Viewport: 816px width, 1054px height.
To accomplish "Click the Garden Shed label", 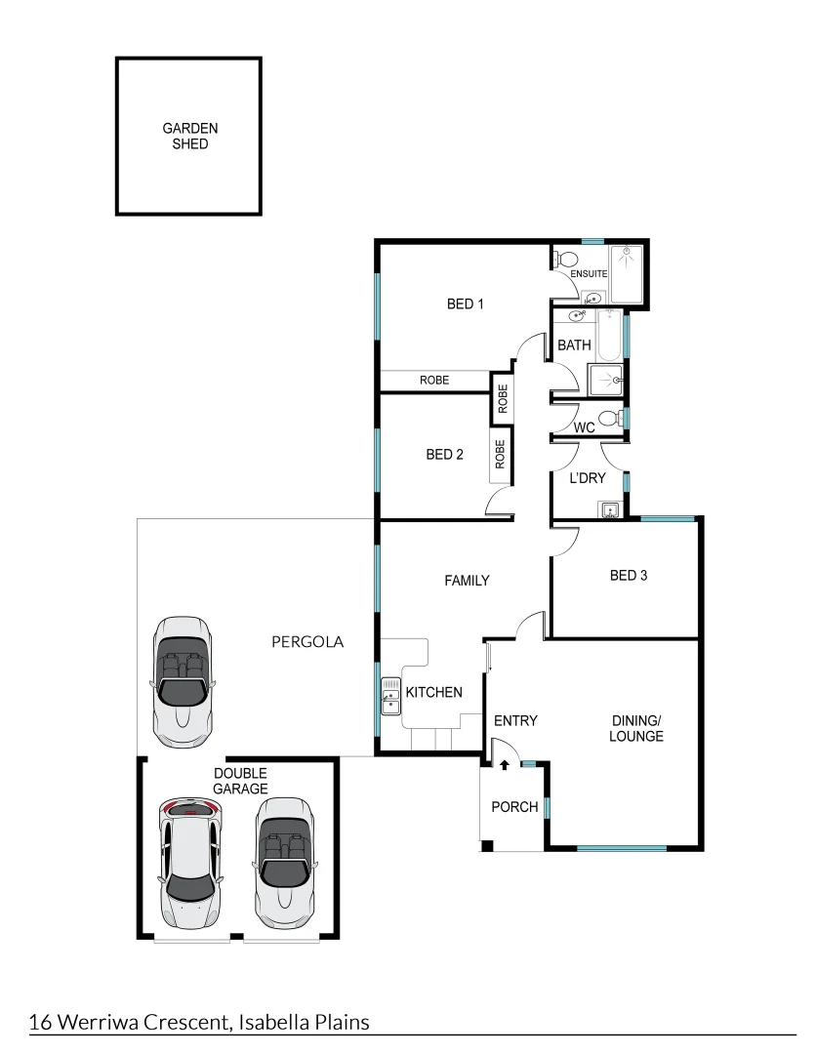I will pyautogui.click(x=189, y=136).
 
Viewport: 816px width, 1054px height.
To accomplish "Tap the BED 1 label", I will pyautogui.click(x=466, y=304).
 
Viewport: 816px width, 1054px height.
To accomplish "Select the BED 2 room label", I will pyautogui.click(x=444, y=454).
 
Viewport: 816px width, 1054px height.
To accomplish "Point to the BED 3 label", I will pyautogui.click(x=629, y=575).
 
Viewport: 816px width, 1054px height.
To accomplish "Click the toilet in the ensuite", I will pyautogui.click(x=565, y=260).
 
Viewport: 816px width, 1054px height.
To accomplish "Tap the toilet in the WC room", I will pyautogui.click(x=609, y=419).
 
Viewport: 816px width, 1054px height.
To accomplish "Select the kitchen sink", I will pyautogui.click(x=390, y=697).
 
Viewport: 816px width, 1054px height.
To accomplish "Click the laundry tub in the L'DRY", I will pyautogui.click(x=610, y=509).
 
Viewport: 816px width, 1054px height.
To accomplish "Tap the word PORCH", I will pyautogui.click(x=513, y=807).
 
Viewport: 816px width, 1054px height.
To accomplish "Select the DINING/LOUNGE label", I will pyautogui.click(x=636, y=728).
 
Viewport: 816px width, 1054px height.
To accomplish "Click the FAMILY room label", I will pyautogui.click(x=467, y=580).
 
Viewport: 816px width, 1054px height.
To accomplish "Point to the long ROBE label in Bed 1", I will pyautogui.click(x=434, y=380).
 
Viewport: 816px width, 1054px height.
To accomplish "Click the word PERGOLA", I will pyautogui.click(x=307, y=642).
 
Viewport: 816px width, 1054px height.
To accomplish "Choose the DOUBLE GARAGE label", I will pyautogui.click(x=240, y=781).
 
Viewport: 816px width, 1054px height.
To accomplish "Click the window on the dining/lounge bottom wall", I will pyautogui.click(x=622, y=847).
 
